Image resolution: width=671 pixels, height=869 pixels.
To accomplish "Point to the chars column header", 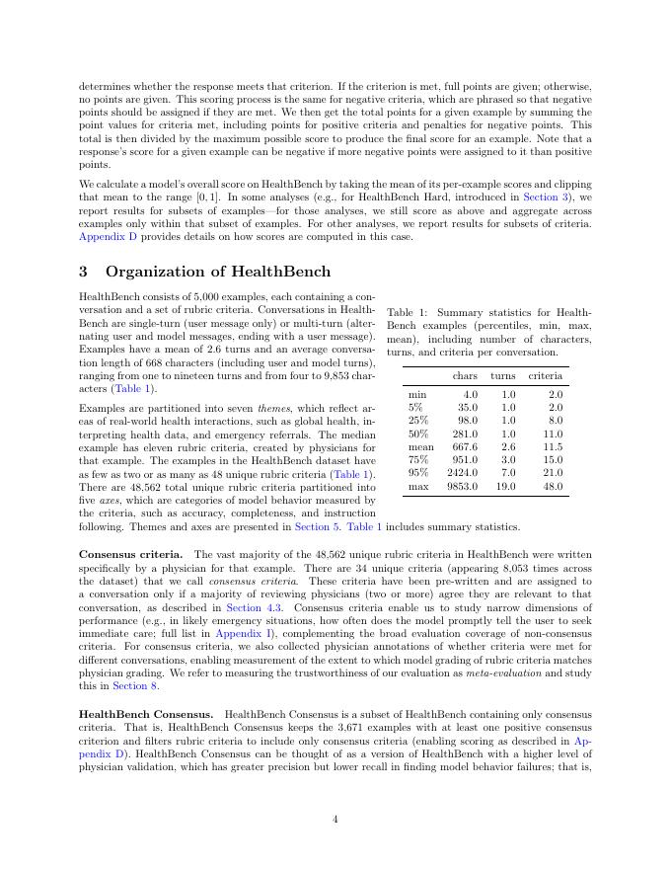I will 465,376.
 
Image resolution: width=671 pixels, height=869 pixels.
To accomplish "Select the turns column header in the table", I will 503,376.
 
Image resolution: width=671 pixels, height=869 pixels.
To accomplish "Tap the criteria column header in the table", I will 546,376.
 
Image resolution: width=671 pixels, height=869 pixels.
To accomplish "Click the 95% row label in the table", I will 416,472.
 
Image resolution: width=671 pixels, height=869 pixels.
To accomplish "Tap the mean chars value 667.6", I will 463,445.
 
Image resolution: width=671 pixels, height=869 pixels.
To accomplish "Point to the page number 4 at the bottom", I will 335,817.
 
